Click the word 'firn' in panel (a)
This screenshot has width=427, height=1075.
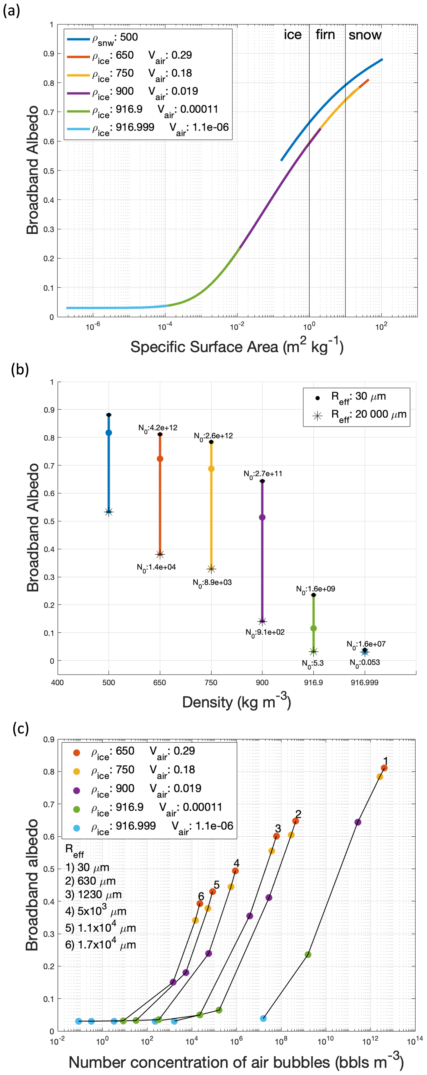[x=325, y=35]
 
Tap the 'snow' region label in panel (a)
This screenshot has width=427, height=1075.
[x=365, y=35]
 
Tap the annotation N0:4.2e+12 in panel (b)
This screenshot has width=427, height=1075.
[x=158, y=428]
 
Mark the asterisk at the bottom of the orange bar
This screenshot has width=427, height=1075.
[x=160, y=555]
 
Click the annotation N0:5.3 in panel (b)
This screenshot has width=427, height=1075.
[x=313, y=663]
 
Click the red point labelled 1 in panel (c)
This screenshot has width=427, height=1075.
[x=384, y=768]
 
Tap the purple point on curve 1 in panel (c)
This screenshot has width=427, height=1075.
[x=358, y=822]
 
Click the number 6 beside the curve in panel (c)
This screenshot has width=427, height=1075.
[x=201, y=896]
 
